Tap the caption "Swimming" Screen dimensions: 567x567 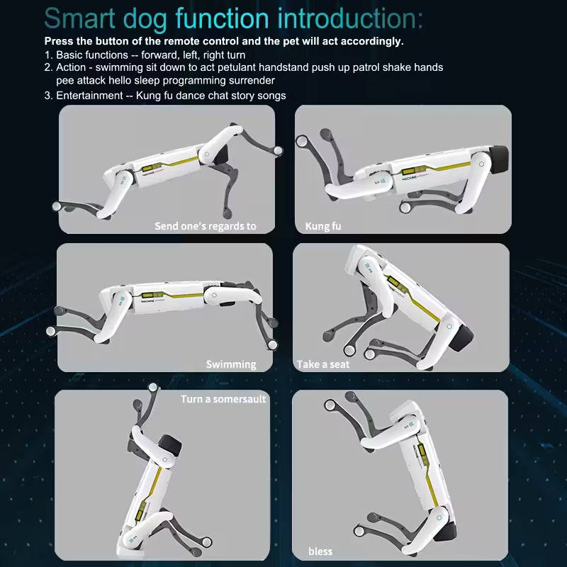click(231, 364)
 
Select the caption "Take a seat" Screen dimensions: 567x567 click(323, 364)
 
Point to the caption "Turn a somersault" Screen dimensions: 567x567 click(223, 399)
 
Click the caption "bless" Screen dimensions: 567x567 click(320, 551)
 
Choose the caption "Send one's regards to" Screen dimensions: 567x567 click(206, 227)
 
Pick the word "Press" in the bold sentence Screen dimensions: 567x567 click(59, 41)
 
